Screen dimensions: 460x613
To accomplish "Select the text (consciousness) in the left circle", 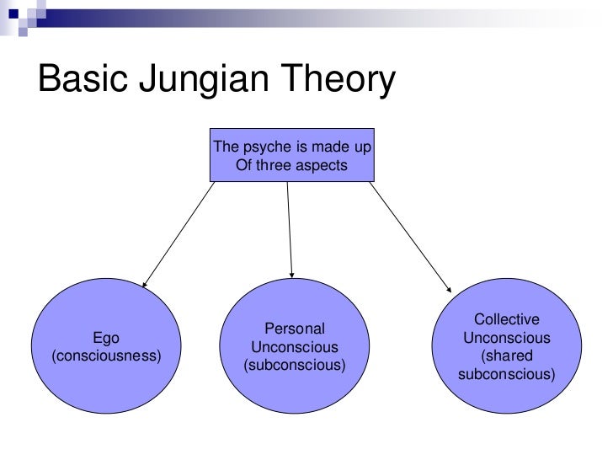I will point(106,356).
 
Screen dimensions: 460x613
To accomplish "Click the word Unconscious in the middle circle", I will point(294,347).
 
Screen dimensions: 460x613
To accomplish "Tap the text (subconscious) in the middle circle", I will point(294,366).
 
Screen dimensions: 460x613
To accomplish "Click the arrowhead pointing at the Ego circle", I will point(146,286).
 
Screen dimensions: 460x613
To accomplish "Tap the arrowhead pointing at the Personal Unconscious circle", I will point(292,271).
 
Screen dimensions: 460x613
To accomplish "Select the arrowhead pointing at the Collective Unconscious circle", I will point(447,285).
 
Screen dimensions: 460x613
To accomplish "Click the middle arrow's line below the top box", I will point(290,223).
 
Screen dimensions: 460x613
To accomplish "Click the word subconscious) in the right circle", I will point(507,372).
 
